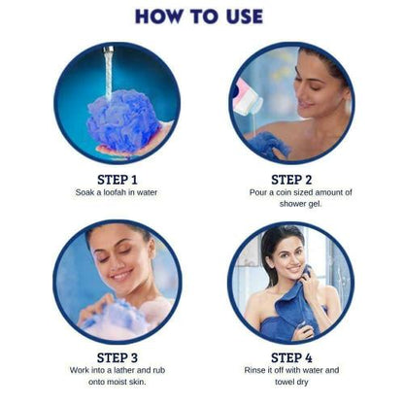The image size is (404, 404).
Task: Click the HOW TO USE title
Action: pyautogui.click(x=199, y=17)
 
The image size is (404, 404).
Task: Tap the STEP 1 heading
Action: pyautogui.click(x=117, y=179)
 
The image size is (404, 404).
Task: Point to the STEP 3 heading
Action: pyautogui.click(x=117, y=356)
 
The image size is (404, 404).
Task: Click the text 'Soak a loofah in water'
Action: pyautogui.click(x=117, y=192)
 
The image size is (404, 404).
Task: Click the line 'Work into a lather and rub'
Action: pyautogui.click(x=117, y=370)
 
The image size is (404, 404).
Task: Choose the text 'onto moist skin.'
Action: pyautogui.click(x=117, y=383)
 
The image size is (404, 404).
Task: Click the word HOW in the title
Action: pyautogui.click(x=157, y=17)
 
